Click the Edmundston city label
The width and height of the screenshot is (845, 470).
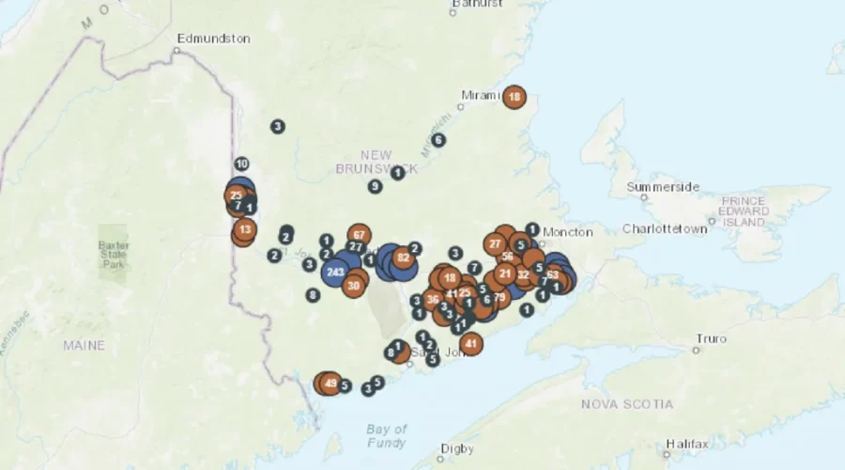214,39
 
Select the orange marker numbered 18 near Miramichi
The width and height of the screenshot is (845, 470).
514,97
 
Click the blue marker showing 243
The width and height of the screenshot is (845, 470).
335,272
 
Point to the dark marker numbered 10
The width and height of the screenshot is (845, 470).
241,164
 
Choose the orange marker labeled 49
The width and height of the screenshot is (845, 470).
330,384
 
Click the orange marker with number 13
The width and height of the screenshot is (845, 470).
245,229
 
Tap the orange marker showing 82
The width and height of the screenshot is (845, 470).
404,258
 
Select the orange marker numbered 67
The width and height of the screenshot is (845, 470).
359,234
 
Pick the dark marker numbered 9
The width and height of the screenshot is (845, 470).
375,186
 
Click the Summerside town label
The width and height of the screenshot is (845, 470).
663,187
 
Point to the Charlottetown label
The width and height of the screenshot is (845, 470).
665,228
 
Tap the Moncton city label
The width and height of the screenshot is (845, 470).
568,231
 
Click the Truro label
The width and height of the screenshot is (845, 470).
711,337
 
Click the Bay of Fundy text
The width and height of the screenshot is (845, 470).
387,436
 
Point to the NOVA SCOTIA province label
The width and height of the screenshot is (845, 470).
626,404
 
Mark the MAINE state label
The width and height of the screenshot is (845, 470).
84,346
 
